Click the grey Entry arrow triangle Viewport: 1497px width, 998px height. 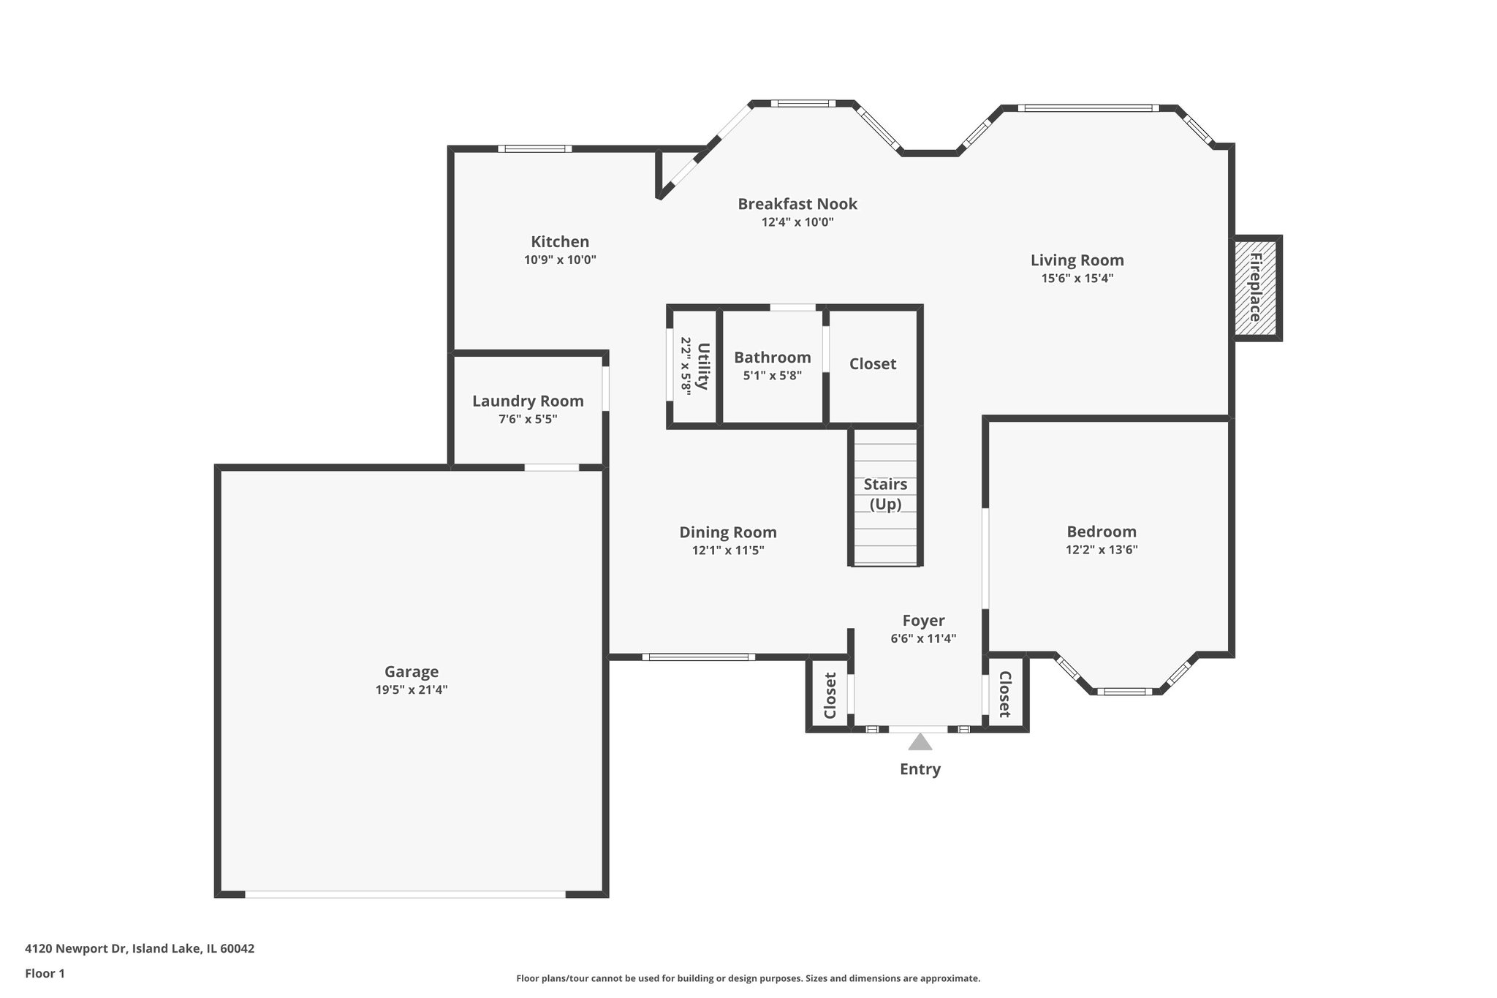920,742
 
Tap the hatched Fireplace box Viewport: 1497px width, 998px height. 1257,287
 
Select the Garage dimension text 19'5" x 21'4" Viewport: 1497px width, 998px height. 412,689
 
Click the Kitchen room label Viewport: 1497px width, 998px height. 560,241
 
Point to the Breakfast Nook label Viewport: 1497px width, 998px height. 797,203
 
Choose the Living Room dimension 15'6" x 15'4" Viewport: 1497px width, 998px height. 1077,278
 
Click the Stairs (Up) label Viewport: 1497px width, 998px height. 885,494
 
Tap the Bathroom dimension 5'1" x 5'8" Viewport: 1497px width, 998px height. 772,376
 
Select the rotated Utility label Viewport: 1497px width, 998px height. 703,366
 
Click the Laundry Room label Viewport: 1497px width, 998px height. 528,401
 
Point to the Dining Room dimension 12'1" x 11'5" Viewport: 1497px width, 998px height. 728,551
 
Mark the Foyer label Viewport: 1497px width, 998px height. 923,620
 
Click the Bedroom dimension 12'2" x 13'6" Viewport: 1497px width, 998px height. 1102,550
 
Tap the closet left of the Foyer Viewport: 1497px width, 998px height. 830,695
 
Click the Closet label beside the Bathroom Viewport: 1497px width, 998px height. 873,363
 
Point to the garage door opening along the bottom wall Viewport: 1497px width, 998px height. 405,894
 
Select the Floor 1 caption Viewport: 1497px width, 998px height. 45,973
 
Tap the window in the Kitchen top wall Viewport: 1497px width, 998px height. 535,149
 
